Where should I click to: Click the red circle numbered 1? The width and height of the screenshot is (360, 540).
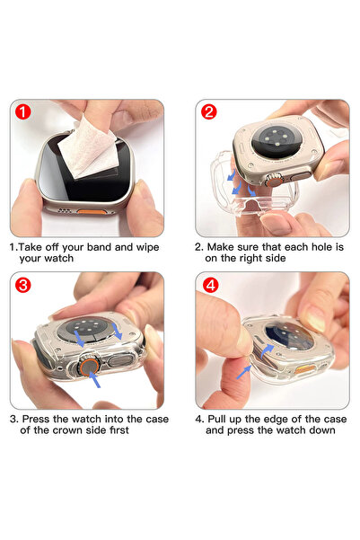tap(23, 112)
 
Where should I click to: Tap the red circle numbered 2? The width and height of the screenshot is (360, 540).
tap(209, 112)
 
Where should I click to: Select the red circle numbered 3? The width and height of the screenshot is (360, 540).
tap(23, 285)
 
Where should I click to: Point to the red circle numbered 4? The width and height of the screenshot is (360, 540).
tap(211, 285)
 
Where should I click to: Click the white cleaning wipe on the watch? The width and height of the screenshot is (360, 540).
tap(87, 148)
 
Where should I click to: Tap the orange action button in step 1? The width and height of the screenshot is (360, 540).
tap(91, 211)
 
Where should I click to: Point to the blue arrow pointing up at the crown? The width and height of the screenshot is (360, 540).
tap(94, 380)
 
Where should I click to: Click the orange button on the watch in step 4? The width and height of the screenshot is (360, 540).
tap(304, 369)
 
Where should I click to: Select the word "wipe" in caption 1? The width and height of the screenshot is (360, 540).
tap(147, 248)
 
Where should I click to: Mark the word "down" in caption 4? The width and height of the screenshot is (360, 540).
tap(322, 430)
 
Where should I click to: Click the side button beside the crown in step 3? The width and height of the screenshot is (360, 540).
tap(120, 360)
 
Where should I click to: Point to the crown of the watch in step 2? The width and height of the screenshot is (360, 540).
tap(274, 180)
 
